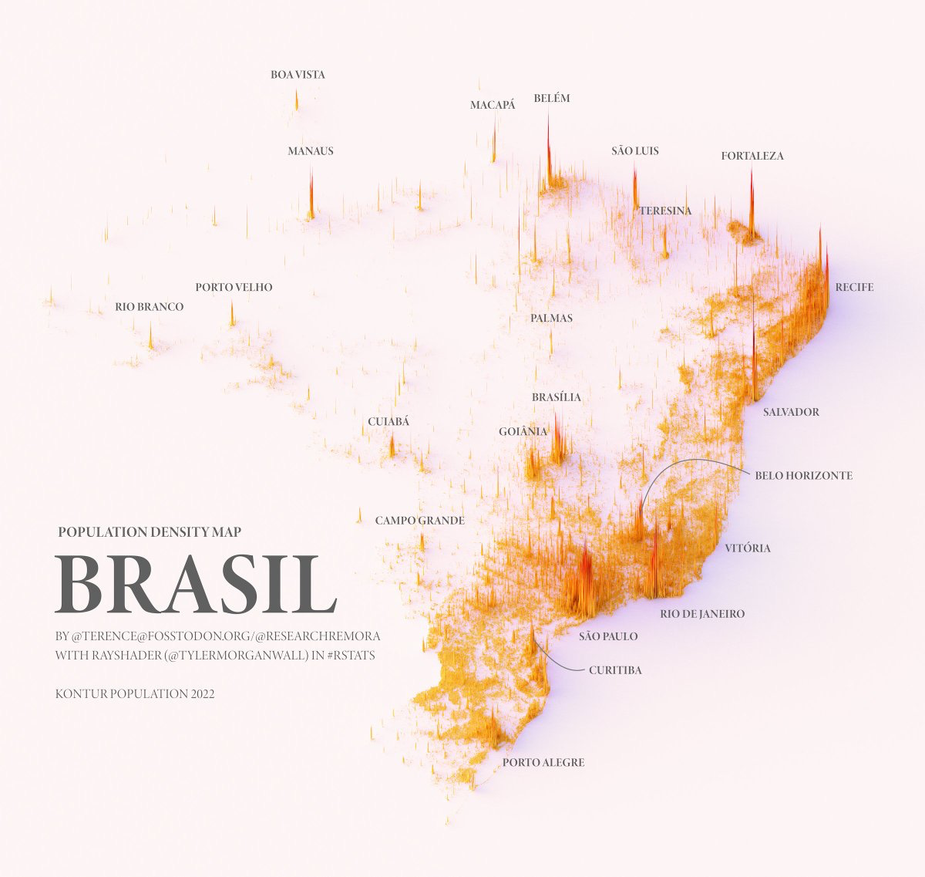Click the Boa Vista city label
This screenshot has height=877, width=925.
[298, 75]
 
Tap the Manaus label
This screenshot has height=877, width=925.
[311, 150]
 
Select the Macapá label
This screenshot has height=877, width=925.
[493, 105]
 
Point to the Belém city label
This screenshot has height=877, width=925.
[552, 98]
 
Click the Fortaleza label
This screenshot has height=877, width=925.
[752, 156]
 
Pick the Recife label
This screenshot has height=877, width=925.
[854, 287]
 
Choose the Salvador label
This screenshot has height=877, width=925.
[791, 412]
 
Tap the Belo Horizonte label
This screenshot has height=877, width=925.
[803, 476]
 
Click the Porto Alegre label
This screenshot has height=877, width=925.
[543, 762]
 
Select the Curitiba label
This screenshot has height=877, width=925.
[614, 670]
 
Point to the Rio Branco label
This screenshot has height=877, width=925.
[150, 306]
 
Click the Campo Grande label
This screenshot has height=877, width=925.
[420, 521]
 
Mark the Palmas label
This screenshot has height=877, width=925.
[551, 318]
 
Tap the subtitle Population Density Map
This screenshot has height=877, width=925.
[150, 531]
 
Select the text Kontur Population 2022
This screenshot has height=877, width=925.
[135, 694]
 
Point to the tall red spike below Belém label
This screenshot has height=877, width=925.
[548, 150]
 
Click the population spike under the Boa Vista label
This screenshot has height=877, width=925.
[297, 100]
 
